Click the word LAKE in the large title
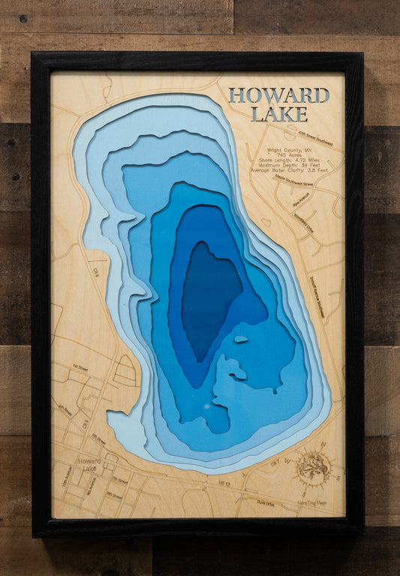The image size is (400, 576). click(x=278, y=114)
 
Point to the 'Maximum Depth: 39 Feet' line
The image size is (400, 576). click(x=293, y=164)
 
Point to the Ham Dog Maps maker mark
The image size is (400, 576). click(x=311, y=502)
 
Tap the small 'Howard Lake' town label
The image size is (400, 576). click(x=89, y=465)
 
